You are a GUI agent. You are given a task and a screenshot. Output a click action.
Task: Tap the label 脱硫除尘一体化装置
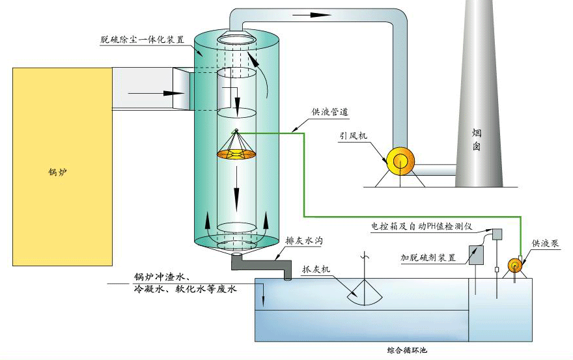click(x=142, y=40)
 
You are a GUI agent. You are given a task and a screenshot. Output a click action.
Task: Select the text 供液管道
click(x=330, y=112)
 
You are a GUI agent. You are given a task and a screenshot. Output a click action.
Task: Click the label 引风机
click(x=354, y=136)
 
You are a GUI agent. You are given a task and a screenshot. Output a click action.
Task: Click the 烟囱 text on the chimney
click(x=477, y=139)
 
